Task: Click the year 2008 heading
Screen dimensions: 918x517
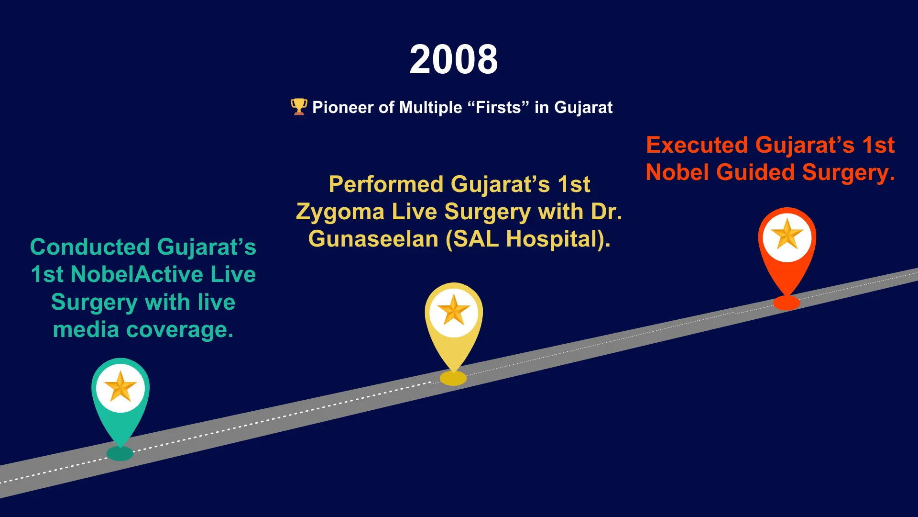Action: coord(454,59)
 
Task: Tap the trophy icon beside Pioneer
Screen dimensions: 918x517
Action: coord(299,107)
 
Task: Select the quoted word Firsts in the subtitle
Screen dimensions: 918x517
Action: coord(499,107)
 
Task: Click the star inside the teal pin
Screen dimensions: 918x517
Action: coord(120,387)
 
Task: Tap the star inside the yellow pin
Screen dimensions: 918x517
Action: coord(454,310)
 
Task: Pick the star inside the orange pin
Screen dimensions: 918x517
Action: coord(787,234)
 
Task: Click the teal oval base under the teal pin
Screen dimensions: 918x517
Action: coord(120,453)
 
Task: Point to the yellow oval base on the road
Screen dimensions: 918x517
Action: coord(453,378)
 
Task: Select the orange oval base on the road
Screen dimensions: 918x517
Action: coord(787,303)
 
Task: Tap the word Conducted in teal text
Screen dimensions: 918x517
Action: coord(90,247)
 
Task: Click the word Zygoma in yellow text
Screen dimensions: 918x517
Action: coord(340,212)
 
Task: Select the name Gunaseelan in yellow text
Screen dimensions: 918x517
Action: coord(373,239)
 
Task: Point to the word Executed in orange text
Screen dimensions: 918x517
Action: coord(697,145)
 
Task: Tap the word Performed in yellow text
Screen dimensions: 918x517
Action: coord(386,184)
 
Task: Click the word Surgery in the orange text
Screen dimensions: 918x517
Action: coord(848,173)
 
